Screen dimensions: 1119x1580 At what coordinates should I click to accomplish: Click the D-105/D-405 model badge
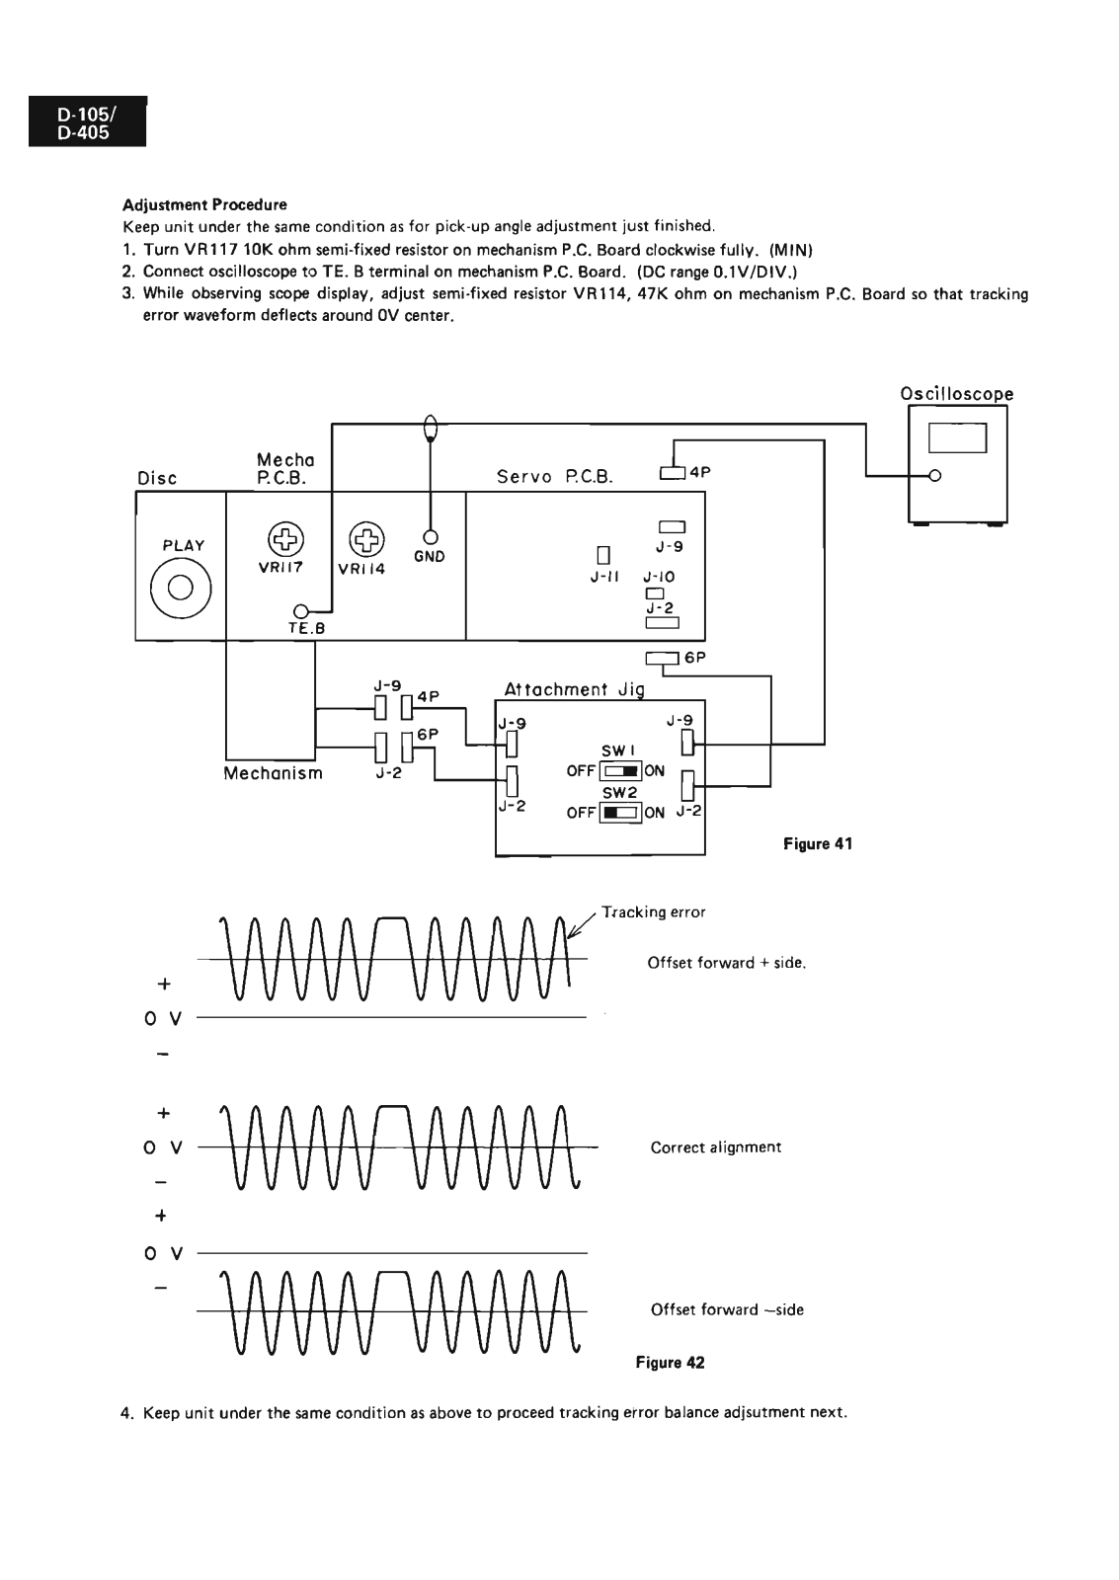coord(88,121)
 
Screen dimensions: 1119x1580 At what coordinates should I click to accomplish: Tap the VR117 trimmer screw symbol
coord(285,539)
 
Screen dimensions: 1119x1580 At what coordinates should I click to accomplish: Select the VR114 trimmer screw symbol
coord(366,540)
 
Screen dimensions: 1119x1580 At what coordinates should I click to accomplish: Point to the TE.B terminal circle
coord(300,611)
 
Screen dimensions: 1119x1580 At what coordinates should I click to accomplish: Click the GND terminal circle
coord(430,537)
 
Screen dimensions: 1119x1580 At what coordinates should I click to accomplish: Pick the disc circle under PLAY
coord(181,588)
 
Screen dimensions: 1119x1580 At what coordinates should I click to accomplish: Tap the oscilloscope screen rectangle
coord(957,438)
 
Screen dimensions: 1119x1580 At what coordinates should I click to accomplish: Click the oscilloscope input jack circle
coord(935,475)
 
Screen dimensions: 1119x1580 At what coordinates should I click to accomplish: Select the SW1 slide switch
coord(620,770)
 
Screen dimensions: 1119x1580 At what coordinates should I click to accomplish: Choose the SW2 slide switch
coord(620,813)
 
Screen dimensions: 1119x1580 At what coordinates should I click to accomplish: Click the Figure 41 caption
coord(818,843)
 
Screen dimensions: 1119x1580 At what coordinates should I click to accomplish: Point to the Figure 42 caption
coord(670,1362)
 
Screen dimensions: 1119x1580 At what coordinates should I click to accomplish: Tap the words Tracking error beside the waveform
coord(654,912)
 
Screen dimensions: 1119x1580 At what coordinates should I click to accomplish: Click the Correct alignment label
coord(715,1147)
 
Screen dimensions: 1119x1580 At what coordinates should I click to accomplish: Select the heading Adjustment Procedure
coord(204,204)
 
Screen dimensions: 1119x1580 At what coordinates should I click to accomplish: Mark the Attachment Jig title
coord(575,689)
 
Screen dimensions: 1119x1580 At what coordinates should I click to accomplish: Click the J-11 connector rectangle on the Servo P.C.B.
coord(603,556)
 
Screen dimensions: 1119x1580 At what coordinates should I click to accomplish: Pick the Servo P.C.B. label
coord(554,477)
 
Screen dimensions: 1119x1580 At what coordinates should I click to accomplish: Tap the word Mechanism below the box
coord(273,773)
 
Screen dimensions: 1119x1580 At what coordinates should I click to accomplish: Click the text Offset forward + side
coord(727,963)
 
